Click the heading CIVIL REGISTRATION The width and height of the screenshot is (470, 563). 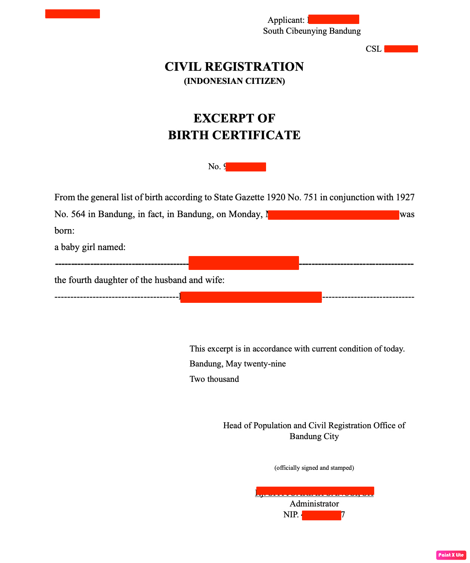click(234, 67)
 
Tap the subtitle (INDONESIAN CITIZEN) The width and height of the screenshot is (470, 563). click(234, 81)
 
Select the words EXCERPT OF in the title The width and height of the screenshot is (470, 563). click(234, 118)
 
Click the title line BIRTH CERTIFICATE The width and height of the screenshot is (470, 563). click(234, 135)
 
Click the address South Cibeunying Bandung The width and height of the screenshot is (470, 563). click(312, 31)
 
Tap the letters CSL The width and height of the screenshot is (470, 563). click(373, 49)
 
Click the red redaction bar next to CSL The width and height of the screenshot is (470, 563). click(401, 49)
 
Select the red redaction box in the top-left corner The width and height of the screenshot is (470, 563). click(73, 14)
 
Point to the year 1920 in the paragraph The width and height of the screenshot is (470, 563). click(276, 197)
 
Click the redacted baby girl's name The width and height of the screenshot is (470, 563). click(244, 263)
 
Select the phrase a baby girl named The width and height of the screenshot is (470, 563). click(90, 247)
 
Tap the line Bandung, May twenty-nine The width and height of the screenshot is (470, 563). click(238, 364)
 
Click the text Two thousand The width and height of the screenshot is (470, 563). click(214, 379)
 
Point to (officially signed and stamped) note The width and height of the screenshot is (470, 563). click(314, 468)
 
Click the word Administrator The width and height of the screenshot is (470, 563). click(314, 504)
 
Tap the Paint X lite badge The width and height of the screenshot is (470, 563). click(451, 555)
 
